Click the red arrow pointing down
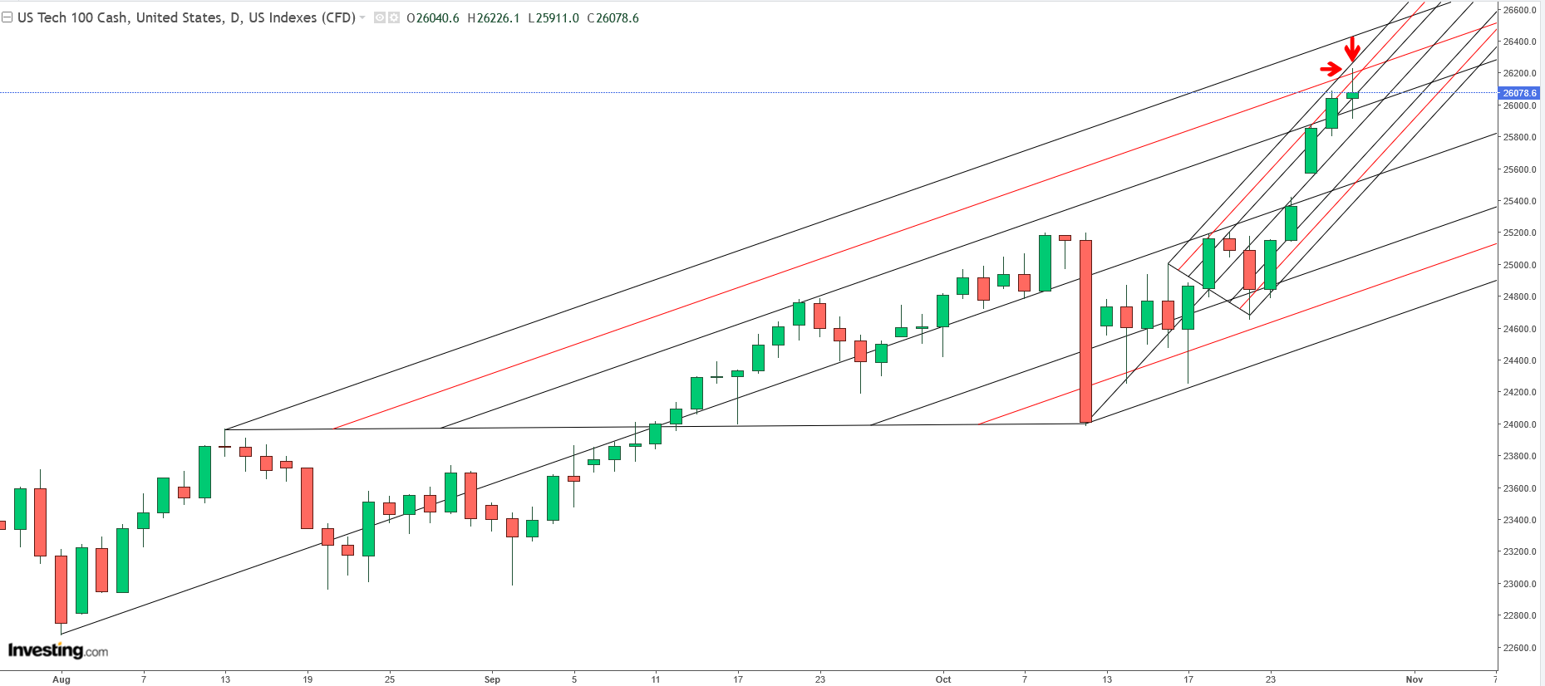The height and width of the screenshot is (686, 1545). click(1352, 49)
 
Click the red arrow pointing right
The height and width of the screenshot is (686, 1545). click(1331, 69)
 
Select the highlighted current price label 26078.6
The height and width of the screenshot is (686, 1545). click(1519, 93)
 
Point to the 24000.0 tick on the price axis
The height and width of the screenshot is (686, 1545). click(1519, 424)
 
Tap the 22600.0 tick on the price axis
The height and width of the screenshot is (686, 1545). click(1519, 648)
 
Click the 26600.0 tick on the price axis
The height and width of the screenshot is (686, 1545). click(1519, 10)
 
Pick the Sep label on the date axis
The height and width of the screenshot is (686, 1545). click(492, 679)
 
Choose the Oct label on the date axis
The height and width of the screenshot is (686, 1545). click(942, 679)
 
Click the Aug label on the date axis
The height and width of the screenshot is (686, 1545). click(62, 679)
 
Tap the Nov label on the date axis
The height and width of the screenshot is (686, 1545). click(1414, 679)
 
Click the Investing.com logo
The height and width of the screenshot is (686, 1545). click(58, 650)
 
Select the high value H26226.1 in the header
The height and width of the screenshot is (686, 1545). click(494, 18)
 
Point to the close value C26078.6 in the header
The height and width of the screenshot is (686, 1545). click(613, 18)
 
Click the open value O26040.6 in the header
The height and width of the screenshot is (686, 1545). click(433, 18)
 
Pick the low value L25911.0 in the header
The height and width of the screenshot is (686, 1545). click(554, 18)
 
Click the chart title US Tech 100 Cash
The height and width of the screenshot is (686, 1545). click(73, 18)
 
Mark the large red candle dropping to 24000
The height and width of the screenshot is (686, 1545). click(1085, 332)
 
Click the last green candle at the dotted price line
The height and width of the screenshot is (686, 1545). click(1352, 96)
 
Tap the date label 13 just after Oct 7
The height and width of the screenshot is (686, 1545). click(1107, 679)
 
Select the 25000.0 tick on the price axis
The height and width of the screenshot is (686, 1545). click(1519, 265)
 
